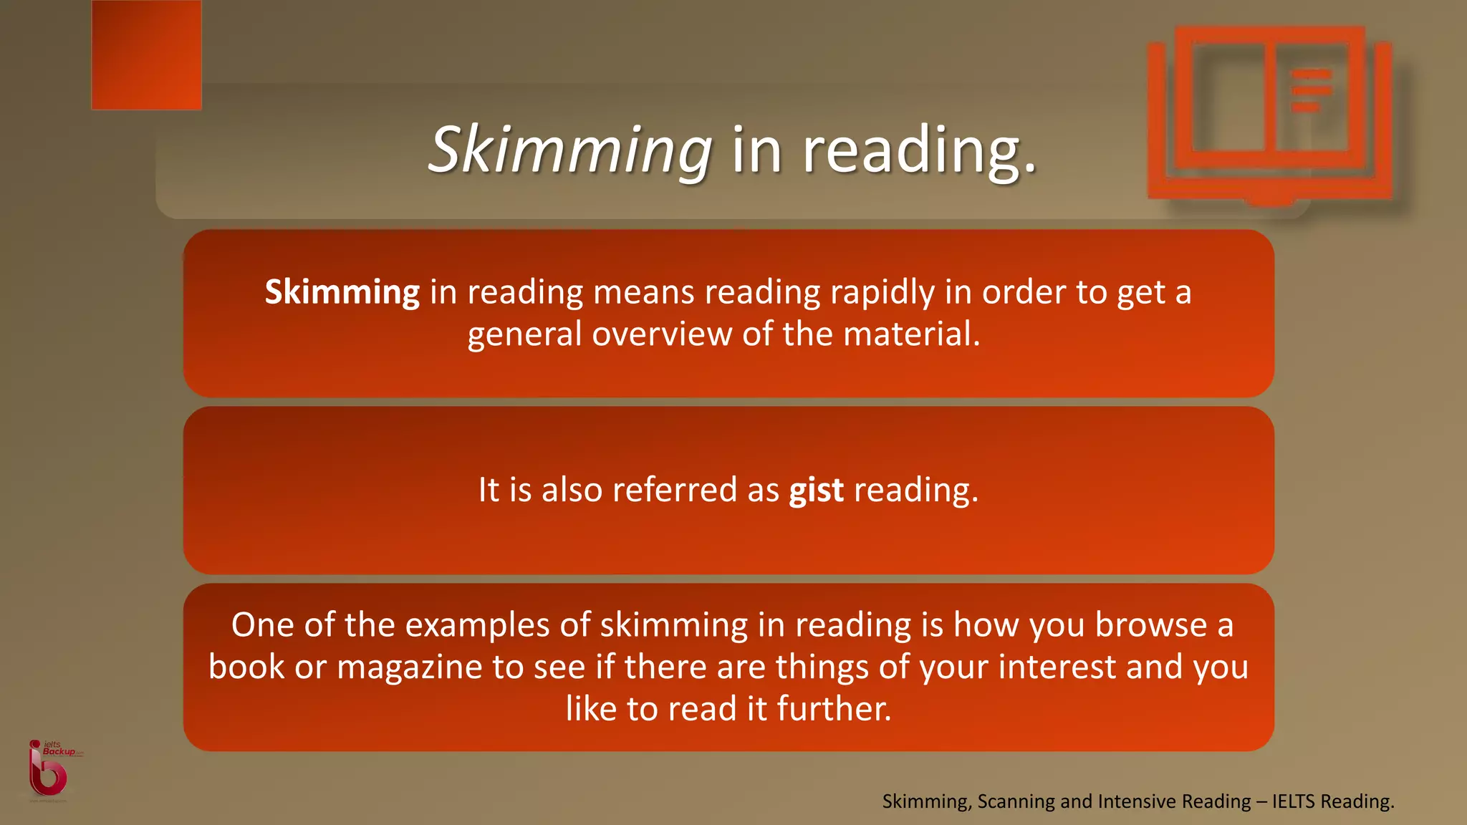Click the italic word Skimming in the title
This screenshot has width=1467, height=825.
569,150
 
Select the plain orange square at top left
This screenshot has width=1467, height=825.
147,55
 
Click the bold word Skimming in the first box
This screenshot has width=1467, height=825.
342,292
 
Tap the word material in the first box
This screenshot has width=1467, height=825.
912,334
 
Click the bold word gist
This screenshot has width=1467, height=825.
816,491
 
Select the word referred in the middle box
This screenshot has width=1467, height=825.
675,491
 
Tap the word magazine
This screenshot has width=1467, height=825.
410,667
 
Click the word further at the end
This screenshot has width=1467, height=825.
834,709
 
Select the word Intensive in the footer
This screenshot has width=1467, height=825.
1136,801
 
